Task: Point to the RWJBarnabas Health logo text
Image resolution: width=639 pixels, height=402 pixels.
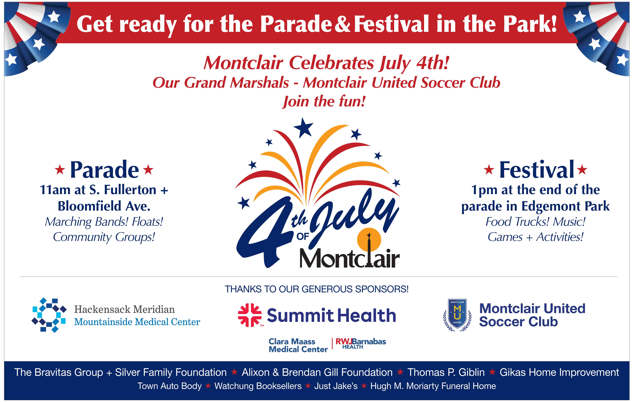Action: [361, 344]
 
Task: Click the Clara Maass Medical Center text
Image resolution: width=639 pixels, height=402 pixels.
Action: [298, 345]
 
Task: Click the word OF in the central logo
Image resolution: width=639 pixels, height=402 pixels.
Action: [303, 237]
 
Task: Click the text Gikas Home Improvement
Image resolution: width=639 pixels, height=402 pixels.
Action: [559, 373]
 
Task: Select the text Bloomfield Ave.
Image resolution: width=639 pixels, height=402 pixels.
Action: [104, 206]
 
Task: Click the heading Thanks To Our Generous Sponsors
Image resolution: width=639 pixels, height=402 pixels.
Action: [317, 289]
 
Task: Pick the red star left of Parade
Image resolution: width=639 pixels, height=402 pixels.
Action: [60, 170]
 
